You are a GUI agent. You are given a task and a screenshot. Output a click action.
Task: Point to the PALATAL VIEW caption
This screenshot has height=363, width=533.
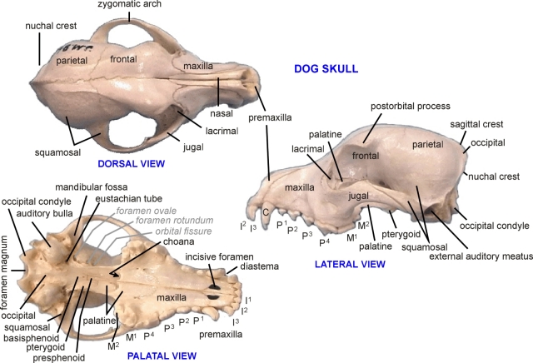point(162,356)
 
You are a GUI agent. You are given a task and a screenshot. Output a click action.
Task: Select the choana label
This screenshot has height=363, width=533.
point(192,241)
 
